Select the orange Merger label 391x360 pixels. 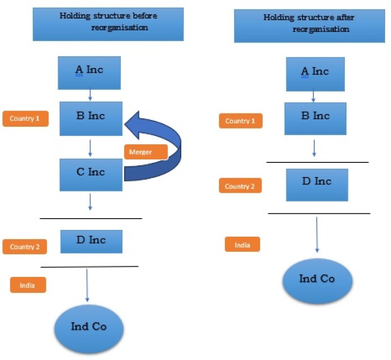coord(146,152)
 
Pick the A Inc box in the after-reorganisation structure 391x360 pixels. coord(315,74)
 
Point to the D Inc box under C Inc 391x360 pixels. coord(91,241)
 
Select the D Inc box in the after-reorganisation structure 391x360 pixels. coord(317,184)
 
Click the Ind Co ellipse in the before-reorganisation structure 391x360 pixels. coord(89,327)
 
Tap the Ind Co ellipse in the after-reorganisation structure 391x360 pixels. coord(317,280)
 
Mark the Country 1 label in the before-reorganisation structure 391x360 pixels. coord(25,118)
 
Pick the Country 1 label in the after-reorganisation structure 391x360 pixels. coord(240,121)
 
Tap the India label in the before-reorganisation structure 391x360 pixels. coord(28,285)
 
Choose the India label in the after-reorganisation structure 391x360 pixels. coord(242,245)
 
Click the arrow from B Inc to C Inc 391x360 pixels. coord(90,147)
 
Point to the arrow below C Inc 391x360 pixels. coord(90,202)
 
